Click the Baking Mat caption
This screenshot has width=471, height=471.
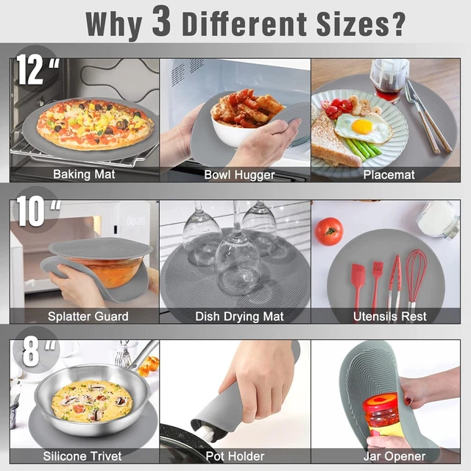(84, 174)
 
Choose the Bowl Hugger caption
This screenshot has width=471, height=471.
(239, 174)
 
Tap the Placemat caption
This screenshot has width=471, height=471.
(389, 174)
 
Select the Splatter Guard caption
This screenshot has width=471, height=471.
(88, 316)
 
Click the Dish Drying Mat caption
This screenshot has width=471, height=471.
(238, 316)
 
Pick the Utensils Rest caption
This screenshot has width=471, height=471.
(390, 316)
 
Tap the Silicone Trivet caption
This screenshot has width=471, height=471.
(82, 456)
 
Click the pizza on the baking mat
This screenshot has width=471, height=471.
(94, 123)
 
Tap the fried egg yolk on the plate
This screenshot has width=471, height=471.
(361, 126)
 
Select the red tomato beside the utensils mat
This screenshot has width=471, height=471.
(328, 231)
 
